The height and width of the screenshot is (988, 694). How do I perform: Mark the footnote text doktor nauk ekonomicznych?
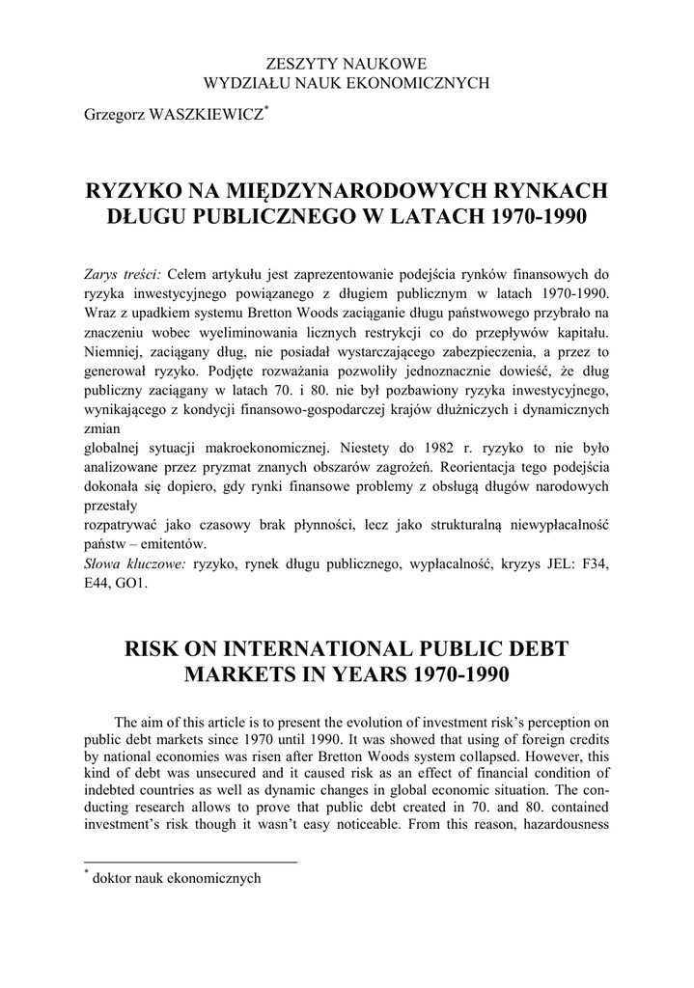tap(176, 878)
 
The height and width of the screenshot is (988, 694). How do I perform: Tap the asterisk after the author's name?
tap(267, 108)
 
